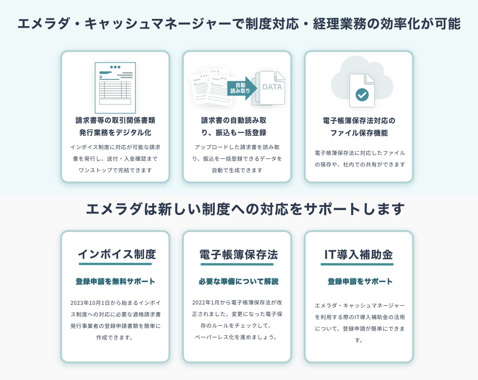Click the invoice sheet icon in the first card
pyautogui.click(x=115, y=88)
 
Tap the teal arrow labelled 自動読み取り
pyautogui.click(x=241, y=88)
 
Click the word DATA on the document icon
pyautogui.click(x=272, y=87)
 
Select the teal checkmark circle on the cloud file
pyautogui.click(x=362, y=94)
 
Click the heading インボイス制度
pyautogui.click(x=117, y=254)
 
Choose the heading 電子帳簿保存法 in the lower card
pyautogui.click(x=238, y=255)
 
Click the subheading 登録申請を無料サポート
pyautogui.click(x=115, y=281)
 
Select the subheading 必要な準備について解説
pyautogui.click(x=238, y=281)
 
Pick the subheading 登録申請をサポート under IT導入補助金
pyautogui.click(x=360, y=281)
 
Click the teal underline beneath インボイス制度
pyautogui.click(x=115, y=264)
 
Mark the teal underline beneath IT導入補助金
pyautogui.click(x=357, y=264)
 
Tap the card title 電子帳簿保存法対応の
pyautogui.click(x=359, y=121)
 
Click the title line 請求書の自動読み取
pyautogui.click(x=234, y=120)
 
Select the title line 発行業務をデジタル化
pyautogui.click(x=115, y=133)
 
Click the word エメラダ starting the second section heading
pyautogui.click(x=114, y=209)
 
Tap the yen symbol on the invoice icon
pyautogui.click(x=101, y=77)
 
